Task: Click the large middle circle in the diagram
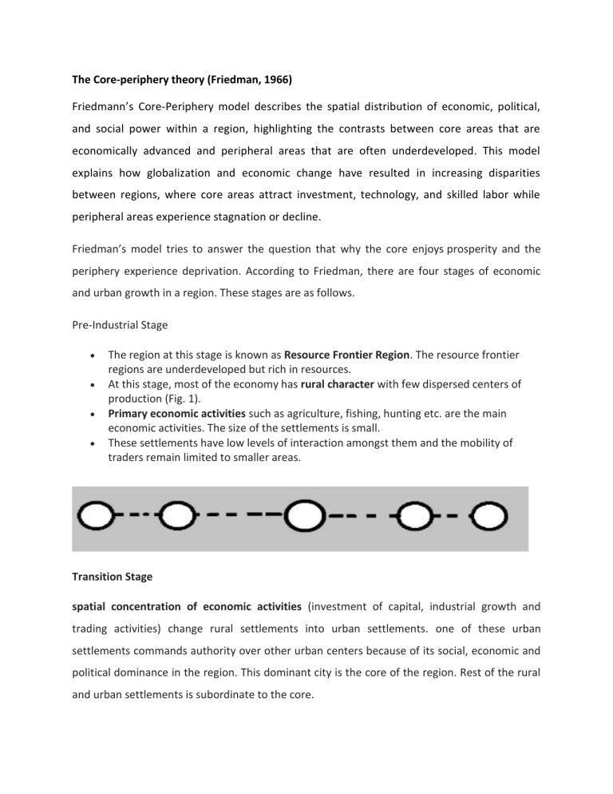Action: tap(304, 520)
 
